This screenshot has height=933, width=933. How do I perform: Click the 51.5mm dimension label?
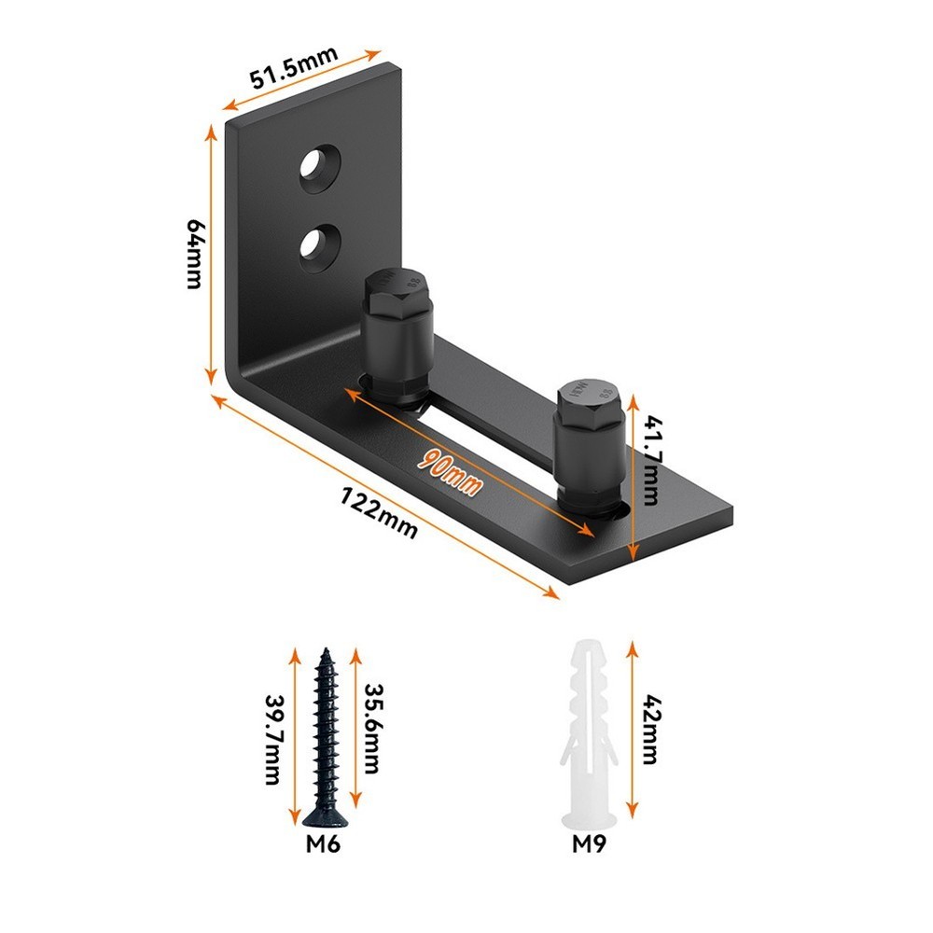[x=293, y=66]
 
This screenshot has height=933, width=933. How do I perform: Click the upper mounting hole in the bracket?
[x=319, y=166]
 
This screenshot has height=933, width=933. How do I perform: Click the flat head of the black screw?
[x=324, y=819]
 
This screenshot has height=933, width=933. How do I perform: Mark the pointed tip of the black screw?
[x=326, y=652]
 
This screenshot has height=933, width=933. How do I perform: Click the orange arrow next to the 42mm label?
[x=633, y=728]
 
